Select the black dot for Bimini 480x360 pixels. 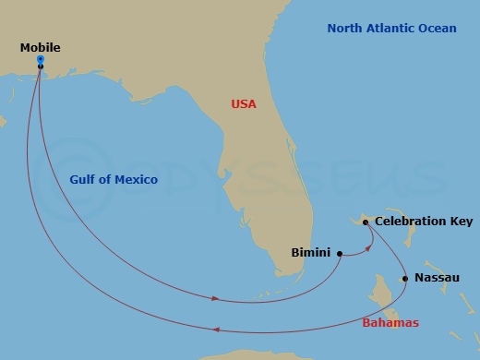click(x=340, y=253)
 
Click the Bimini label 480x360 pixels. click(x=310, y=252)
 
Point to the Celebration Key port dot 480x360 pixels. click(x=366, y=222)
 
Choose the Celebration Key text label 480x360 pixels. click(x=424, y=222)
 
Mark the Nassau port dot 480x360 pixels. click(x=404, y=278)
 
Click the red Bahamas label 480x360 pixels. click(x=390, y=322)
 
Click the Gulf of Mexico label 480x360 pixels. click(x=114, y=179)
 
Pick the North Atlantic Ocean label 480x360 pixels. click(x=391, y=29)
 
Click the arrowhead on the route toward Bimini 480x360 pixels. click(x=216, y=299)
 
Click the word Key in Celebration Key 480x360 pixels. click(x=460, y=222)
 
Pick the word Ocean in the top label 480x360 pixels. click(x=438, y=29)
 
